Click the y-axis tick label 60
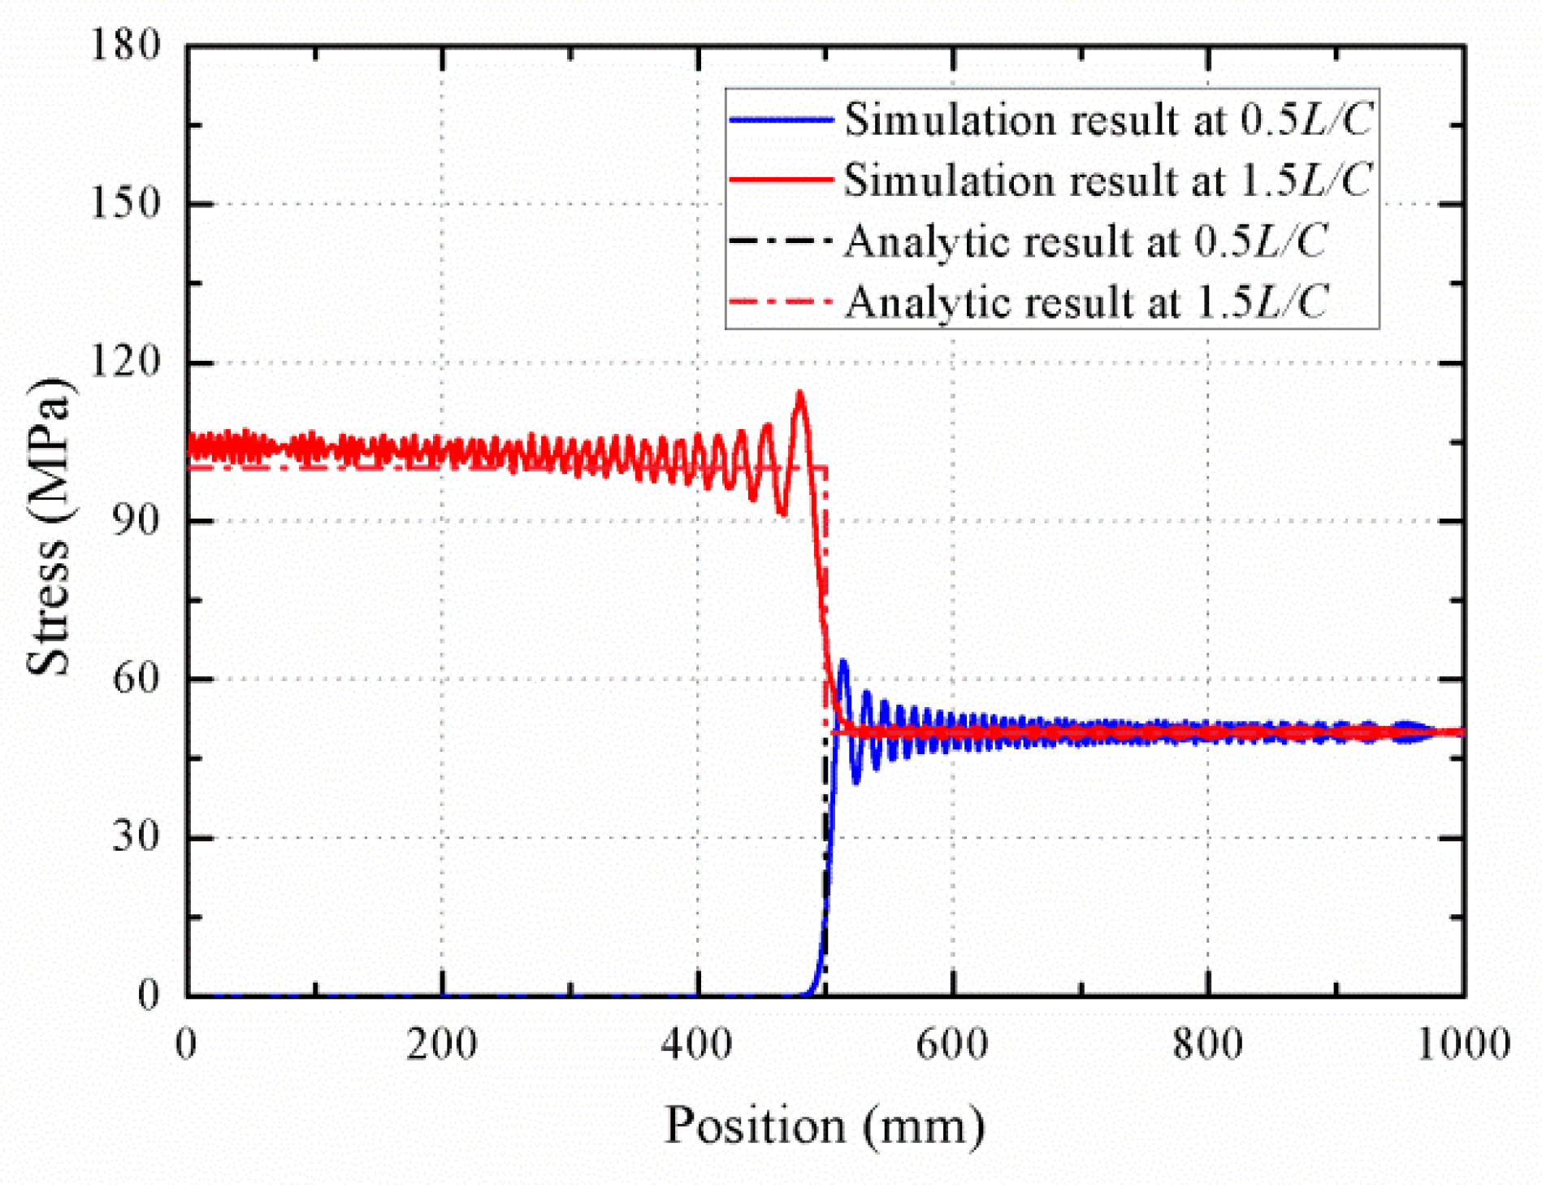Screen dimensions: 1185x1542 click(136, 677)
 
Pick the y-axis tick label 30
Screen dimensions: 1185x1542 click(136, 836)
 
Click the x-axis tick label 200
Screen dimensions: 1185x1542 click(442, 1044)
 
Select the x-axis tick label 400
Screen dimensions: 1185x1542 click(697, 1044)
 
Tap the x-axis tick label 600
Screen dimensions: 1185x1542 click(952, 1044)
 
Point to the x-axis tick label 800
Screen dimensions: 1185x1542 click(1208, 1044)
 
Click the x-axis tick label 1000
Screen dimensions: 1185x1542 click(1463, 1044)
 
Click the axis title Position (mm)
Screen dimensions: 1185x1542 click(825, 1126)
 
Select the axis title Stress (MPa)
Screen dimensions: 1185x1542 click(50, 527)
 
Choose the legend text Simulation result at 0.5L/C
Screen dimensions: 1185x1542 click(1108, 120)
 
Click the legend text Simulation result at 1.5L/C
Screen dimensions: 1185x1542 click(1108, 180)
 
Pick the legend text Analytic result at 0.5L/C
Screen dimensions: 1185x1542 click(1085, 241)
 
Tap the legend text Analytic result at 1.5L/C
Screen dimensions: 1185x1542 click(1085, 302)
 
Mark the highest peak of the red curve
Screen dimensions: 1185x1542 click(800, 394)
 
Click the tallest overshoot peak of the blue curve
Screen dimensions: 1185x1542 click(843, 662)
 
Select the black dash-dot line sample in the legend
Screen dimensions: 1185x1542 click(780, 241)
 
